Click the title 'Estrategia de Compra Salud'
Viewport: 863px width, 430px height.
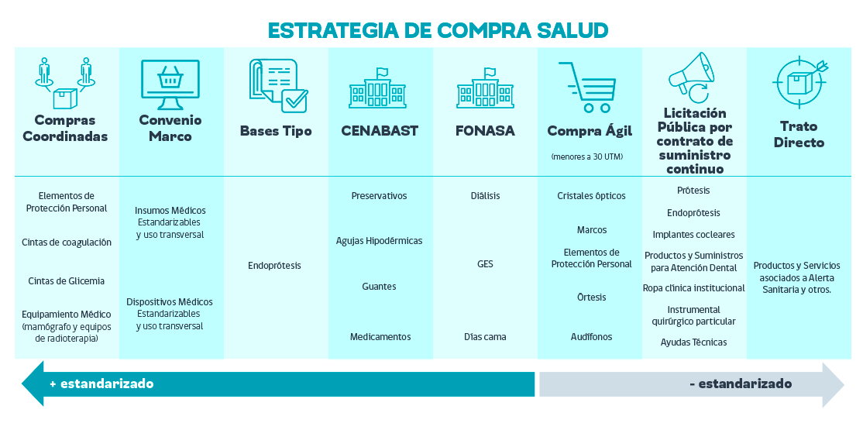(438, 30)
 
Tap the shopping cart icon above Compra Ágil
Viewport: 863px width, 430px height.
(587, 87)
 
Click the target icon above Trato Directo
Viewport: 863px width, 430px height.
(799, 83)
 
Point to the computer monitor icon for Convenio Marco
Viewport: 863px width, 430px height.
(170, 84)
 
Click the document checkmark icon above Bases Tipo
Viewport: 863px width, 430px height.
(278, 85)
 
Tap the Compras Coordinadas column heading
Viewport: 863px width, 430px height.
(65, 129)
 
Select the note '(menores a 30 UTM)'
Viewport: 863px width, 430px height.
(587, 157)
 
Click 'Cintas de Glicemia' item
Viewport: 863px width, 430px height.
(66, 281)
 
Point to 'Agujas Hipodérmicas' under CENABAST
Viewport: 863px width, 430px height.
(380, 241)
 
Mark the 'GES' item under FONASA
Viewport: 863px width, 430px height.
(485, 264)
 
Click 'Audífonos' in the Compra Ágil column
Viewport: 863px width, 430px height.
(591, 336)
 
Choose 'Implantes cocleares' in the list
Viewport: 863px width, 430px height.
(693, 235)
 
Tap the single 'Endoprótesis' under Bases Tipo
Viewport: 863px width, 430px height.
(275, 266)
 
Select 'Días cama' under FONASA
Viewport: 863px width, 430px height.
(485, 336)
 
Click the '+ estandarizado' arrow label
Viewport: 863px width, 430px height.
(101, 384)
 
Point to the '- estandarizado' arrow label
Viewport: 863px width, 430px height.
(741, 384)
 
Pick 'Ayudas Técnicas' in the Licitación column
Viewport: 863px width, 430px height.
(693, 342)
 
